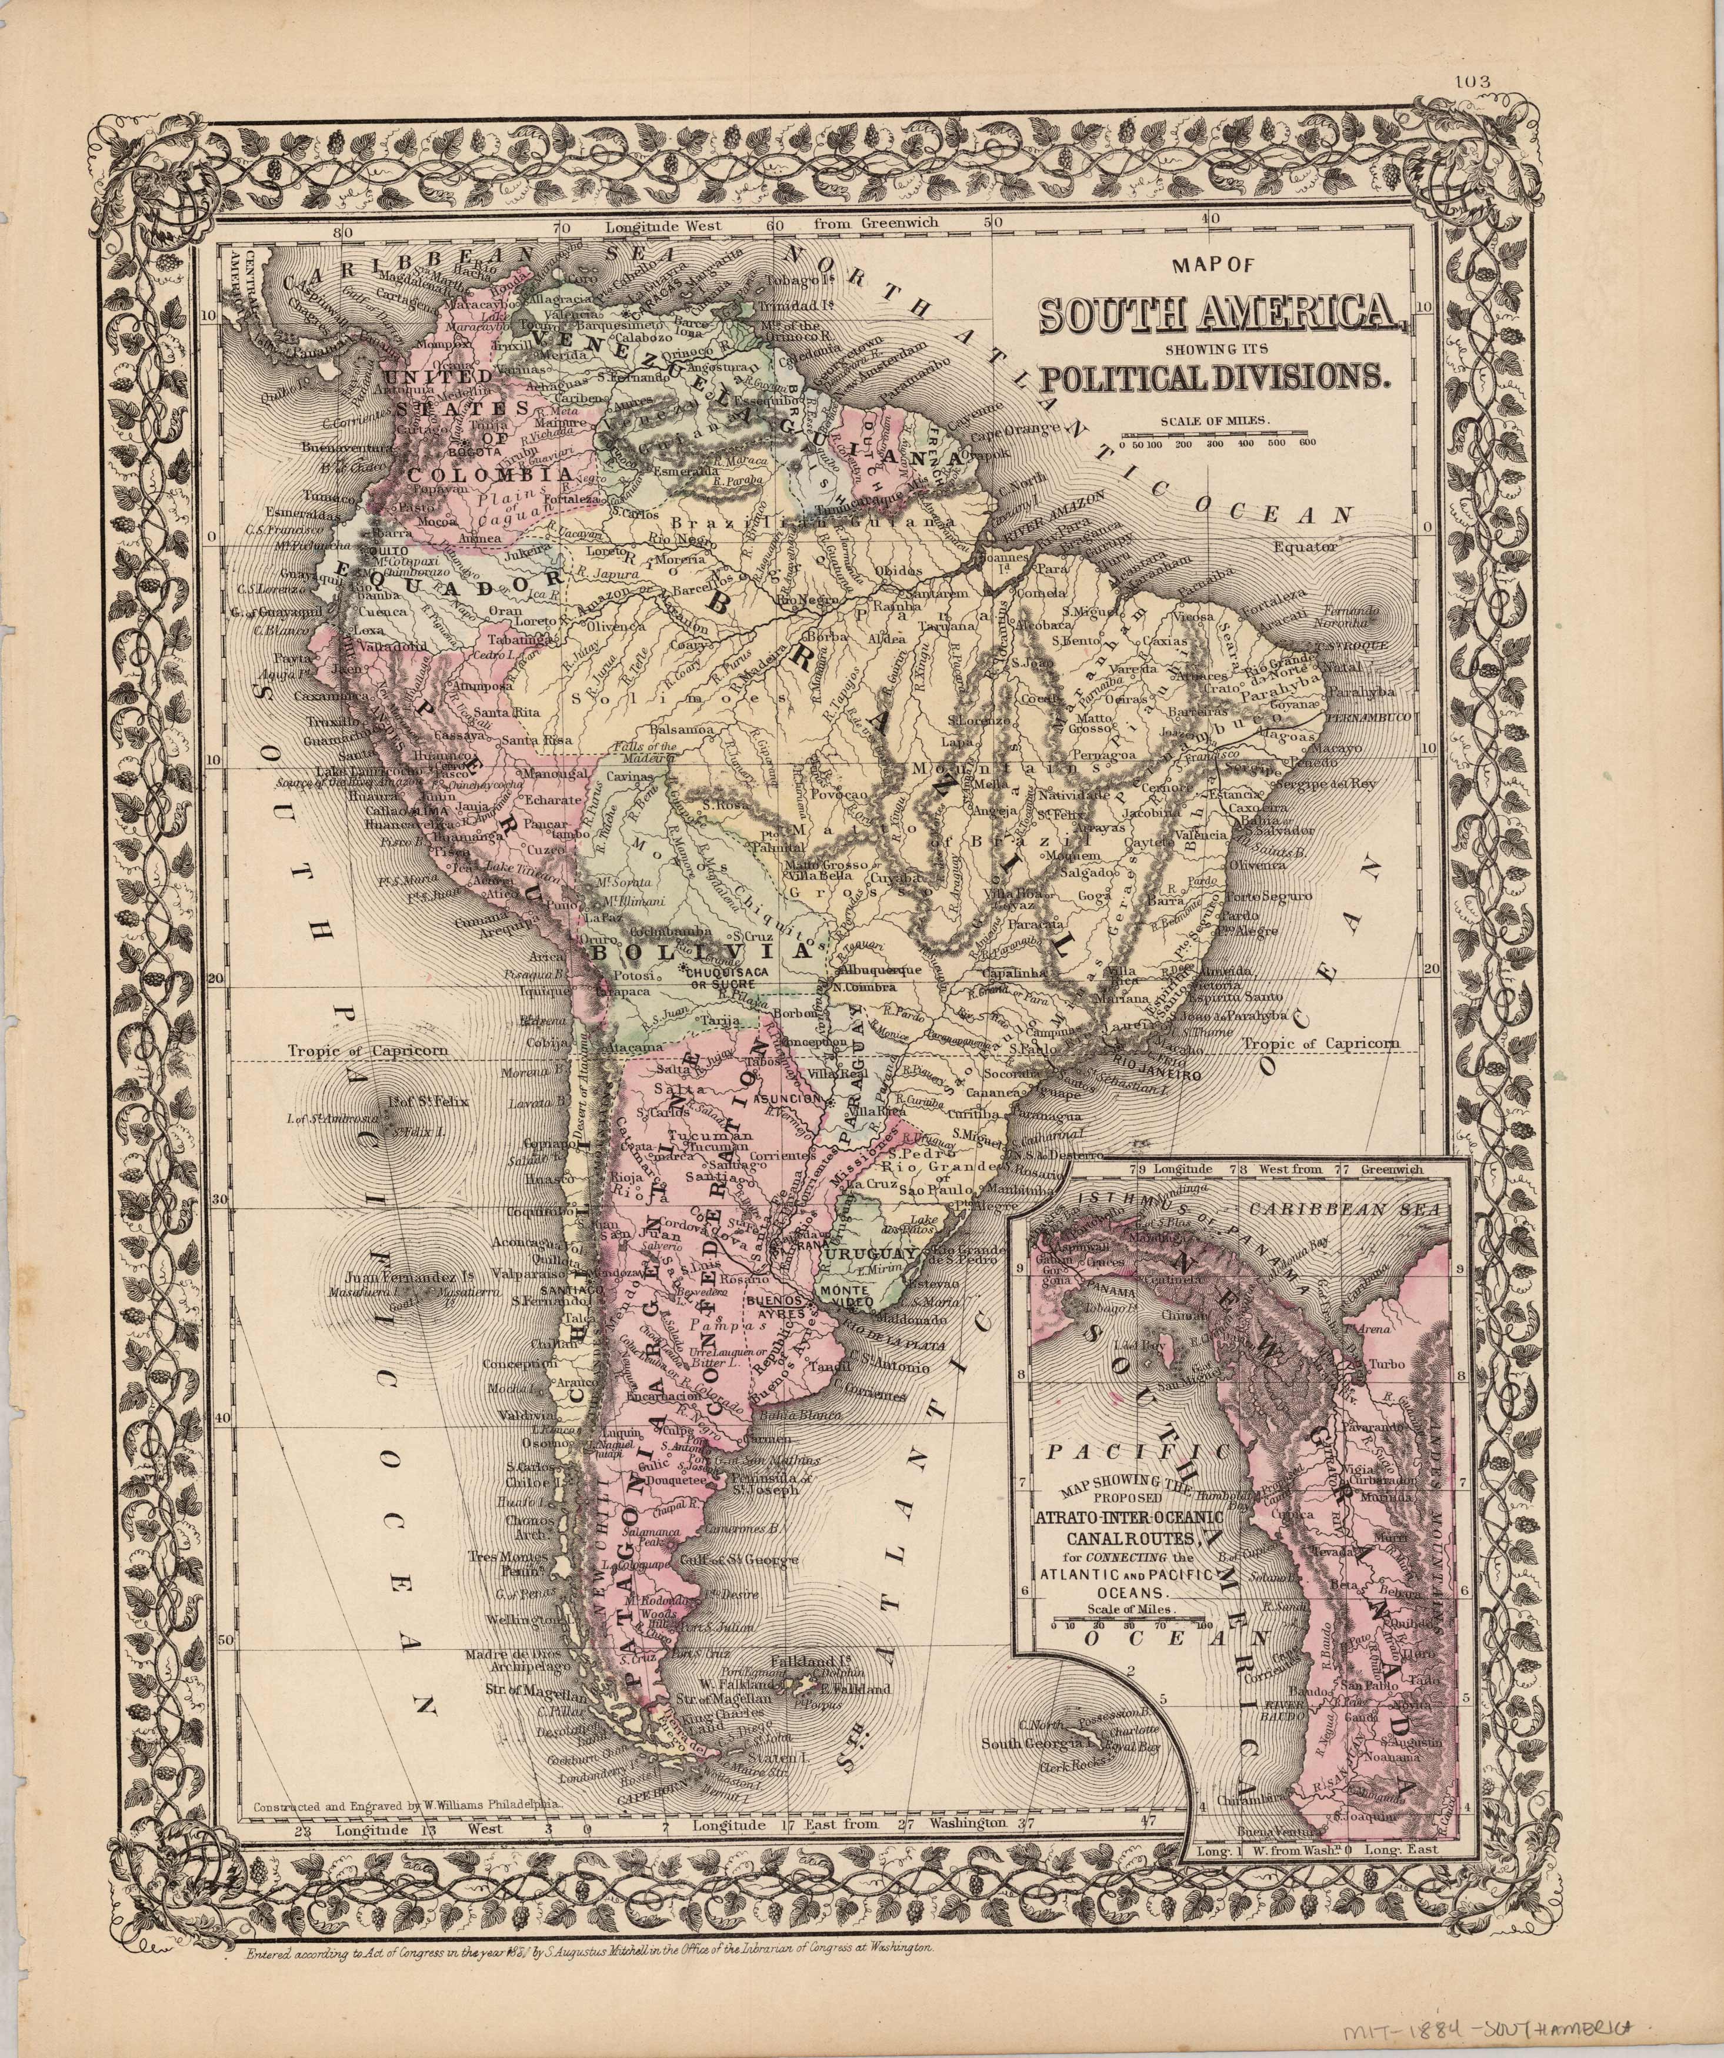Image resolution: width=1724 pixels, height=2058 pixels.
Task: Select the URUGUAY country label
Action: pos(871,1254)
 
